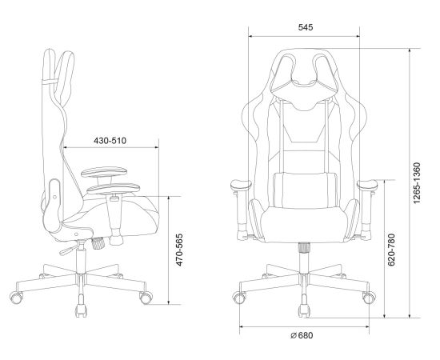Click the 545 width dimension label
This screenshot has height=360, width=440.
point(306,27)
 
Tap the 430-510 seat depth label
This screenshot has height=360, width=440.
point(110,141)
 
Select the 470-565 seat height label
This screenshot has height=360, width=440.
point(179,250)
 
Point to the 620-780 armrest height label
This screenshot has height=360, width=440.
point(391,250)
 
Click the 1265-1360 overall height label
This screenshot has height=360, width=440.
point(417,183)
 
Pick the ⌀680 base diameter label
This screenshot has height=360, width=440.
point(302,335)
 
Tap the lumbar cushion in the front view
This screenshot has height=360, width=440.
point(305,190)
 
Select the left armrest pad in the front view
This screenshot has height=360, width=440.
point(241,185)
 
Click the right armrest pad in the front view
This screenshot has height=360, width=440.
point(367,185)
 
